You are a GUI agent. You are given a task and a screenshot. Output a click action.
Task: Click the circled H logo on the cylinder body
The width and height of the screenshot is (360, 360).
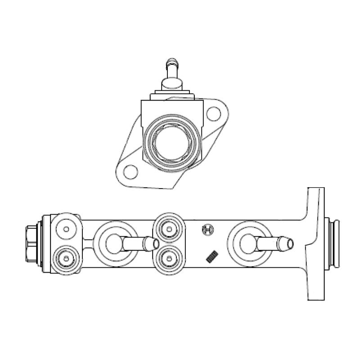[208, 229]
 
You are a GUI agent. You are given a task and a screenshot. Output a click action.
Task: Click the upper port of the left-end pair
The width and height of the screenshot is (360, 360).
[66, 229]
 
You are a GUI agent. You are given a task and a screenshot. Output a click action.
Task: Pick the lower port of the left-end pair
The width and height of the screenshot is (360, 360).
[66, 258]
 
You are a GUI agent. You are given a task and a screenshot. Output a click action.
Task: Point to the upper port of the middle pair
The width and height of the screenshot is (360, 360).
[169, 229]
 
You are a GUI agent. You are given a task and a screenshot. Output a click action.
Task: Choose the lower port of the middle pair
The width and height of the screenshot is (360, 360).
[169, 258]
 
